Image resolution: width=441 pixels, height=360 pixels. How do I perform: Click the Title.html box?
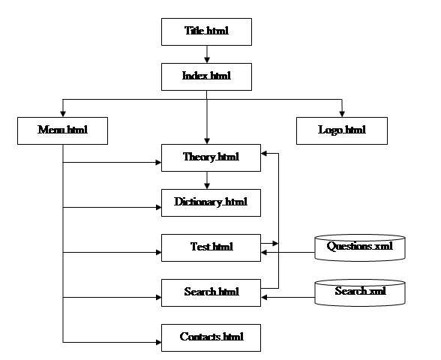206,31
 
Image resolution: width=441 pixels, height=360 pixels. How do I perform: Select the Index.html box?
206,76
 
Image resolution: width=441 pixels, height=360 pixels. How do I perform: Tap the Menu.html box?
62,130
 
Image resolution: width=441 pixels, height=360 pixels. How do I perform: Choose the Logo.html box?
342,130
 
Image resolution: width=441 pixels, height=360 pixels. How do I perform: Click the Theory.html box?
211,157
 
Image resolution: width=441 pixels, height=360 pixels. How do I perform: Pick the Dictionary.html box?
211,202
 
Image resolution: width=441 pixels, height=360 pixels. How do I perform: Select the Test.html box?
211,247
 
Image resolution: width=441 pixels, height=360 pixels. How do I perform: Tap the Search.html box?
211,292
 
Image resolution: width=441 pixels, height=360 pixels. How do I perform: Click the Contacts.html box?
211,337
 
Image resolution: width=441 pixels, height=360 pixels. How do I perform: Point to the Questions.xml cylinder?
360,247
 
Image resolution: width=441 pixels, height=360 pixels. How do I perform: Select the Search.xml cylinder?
360,292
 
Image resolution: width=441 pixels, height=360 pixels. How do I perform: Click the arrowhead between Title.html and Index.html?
207,60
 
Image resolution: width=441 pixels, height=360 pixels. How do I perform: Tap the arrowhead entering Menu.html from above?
63,114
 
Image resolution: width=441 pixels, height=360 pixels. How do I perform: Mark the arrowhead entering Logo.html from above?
342,114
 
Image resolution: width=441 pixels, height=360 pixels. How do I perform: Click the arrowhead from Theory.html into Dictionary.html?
207,186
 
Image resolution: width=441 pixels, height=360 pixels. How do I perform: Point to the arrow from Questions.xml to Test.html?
288,252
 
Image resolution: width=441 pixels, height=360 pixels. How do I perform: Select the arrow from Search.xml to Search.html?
288,297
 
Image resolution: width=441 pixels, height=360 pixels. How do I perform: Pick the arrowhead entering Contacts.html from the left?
158,342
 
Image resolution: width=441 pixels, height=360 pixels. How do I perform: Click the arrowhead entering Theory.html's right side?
264,153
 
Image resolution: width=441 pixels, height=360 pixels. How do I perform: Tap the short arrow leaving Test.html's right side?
270,243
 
